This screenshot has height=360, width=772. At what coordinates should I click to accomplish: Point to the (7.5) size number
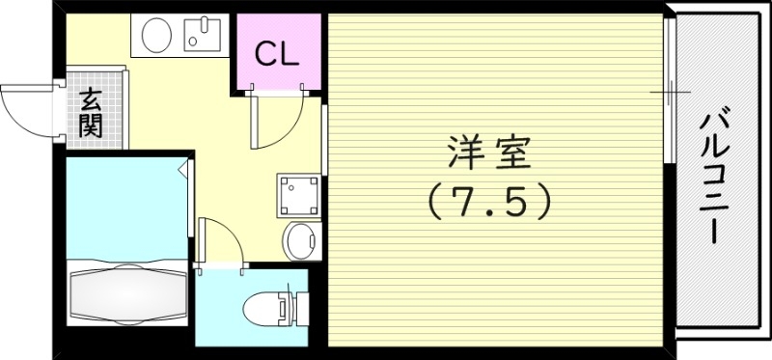(490, 201)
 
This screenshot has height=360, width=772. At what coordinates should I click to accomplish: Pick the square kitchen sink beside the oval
(204, 36)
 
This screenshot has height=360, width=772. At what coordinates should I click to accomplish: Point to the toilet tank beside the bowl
(286, 308)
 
